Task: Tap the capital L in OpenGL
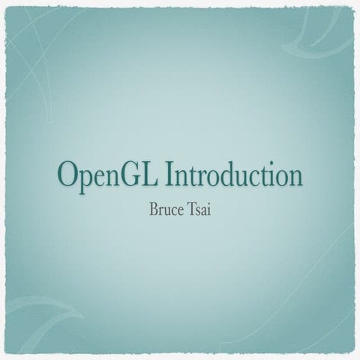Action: pyautogui.click(x=151, y=175)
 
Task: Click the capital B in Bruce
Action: pyautogui.click(x=155, y=206)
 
